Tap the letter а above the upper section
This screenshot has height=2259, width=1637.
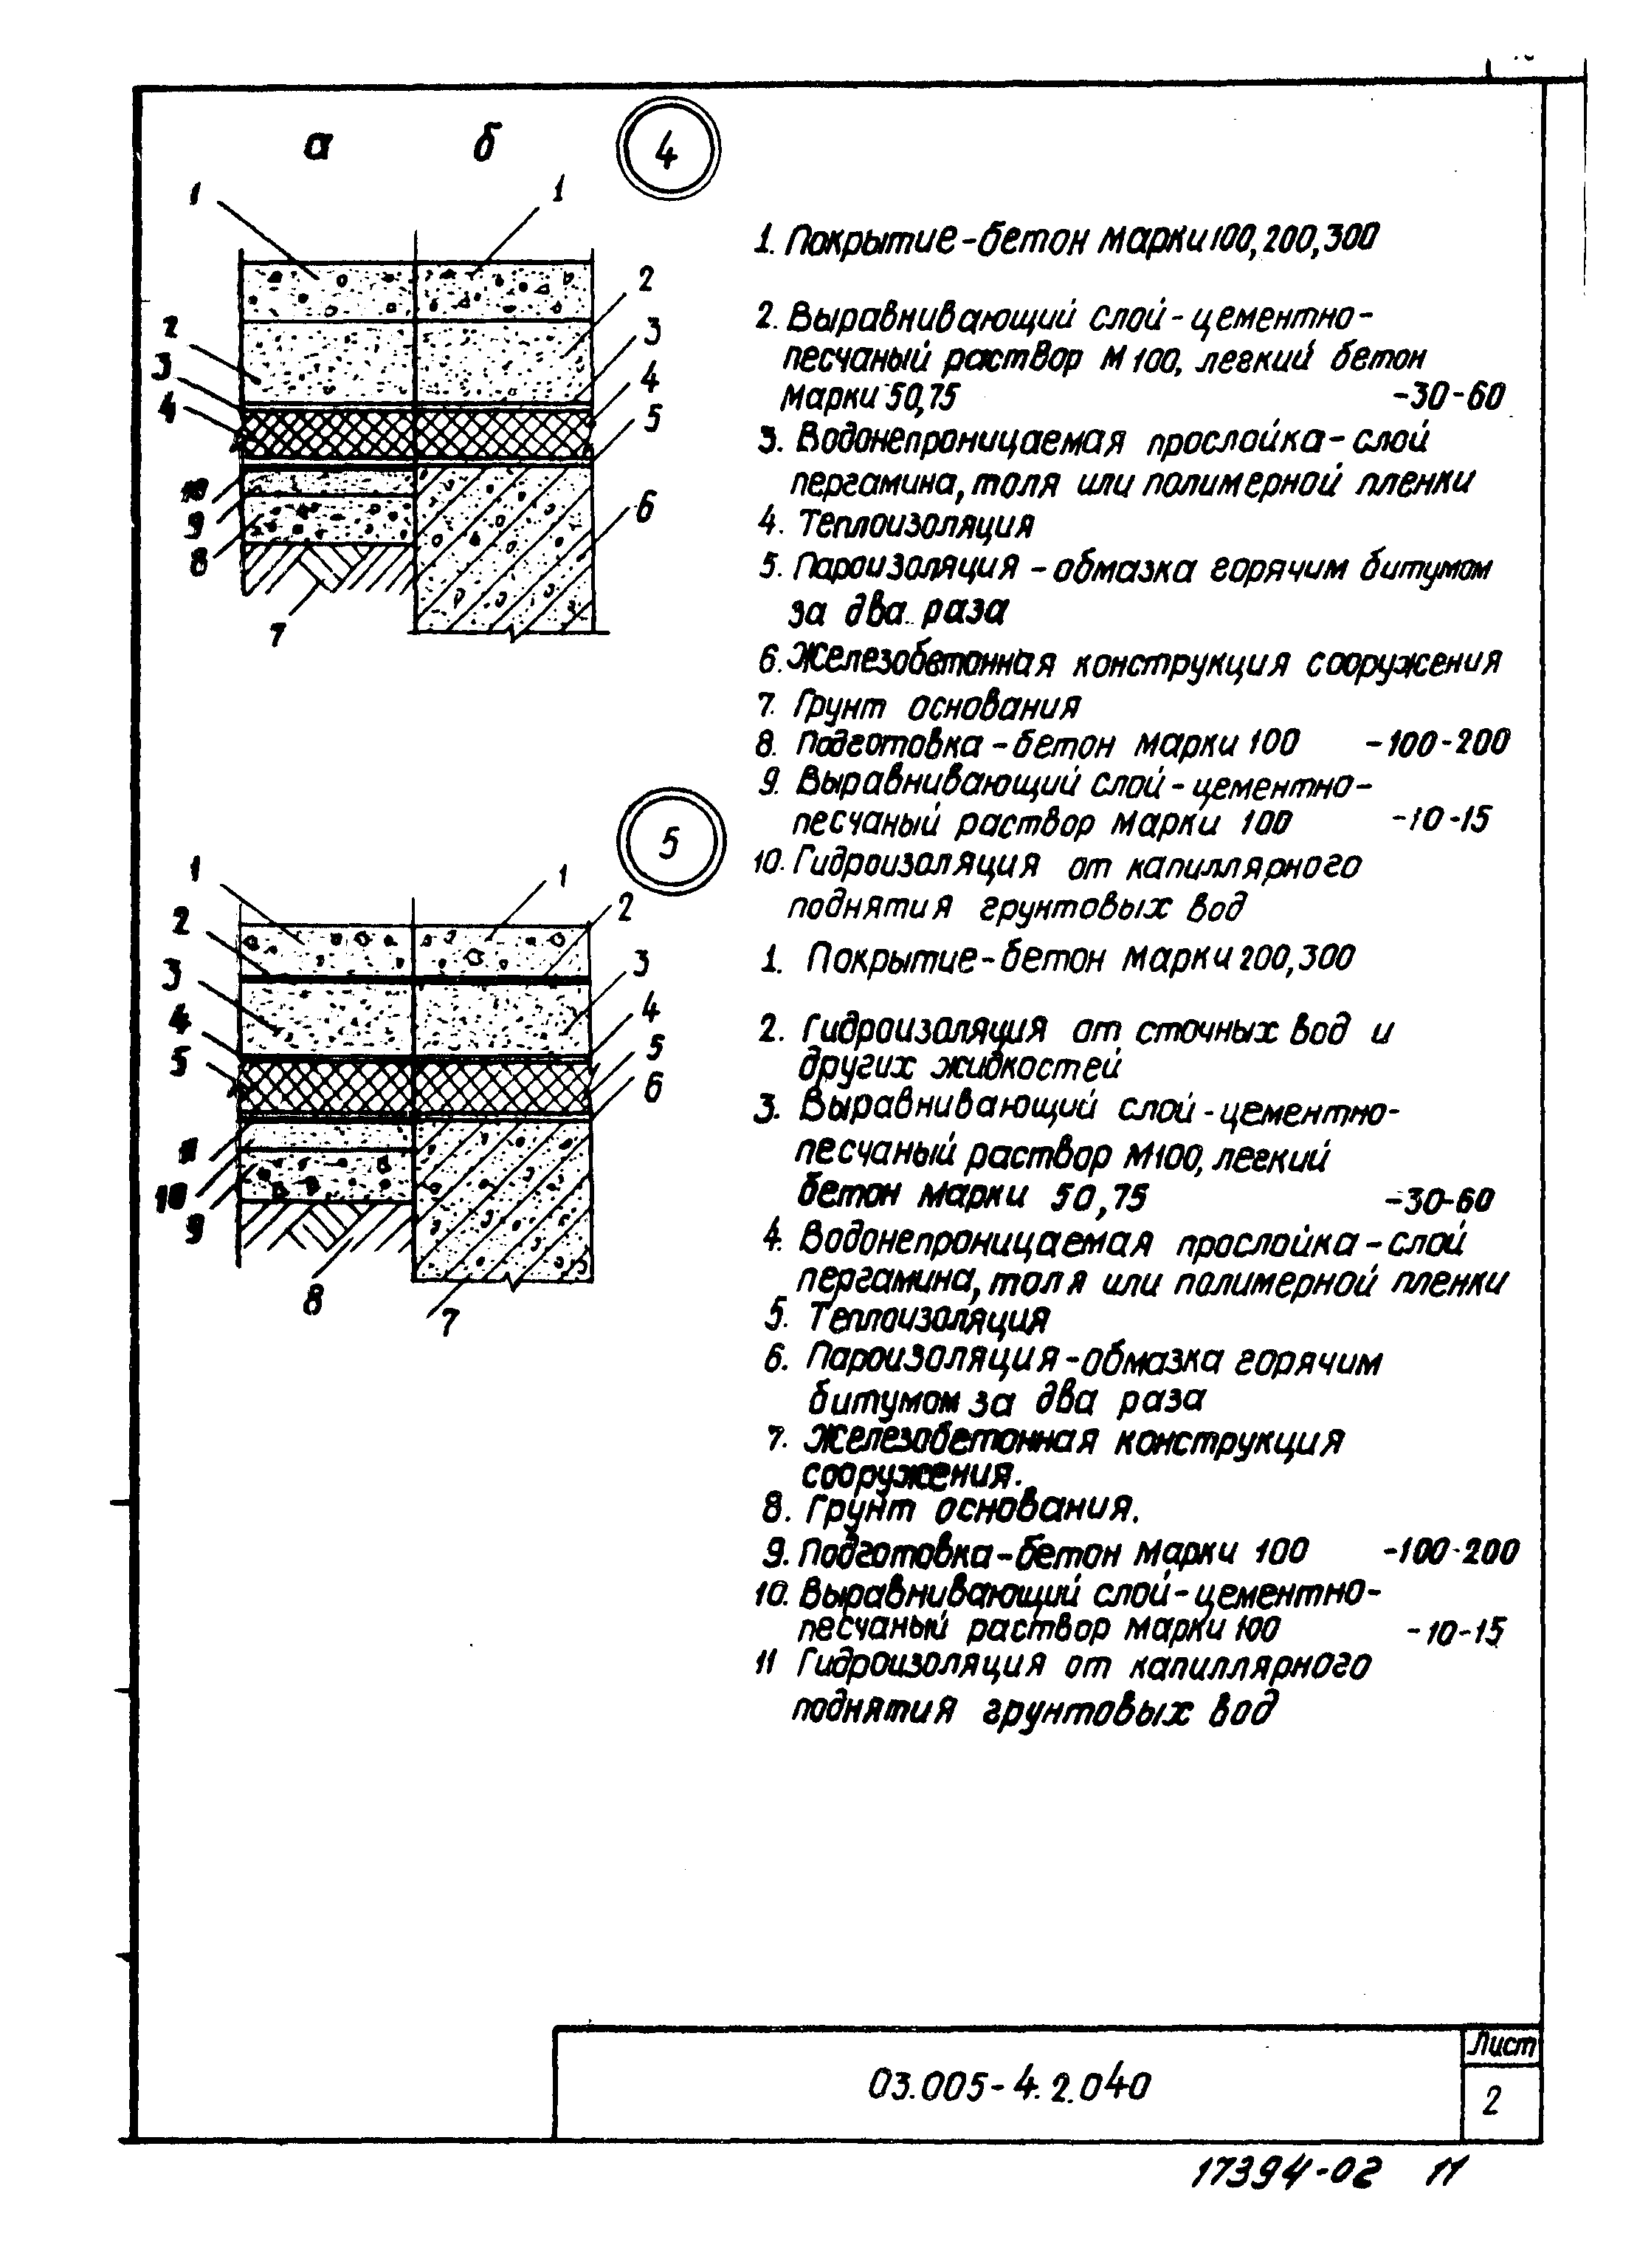[x=317, y=146]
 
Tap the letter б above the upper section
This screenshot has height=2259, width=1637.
[x=486, y=143]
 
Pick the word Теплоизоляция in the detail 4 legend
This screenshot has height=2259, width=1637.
[x=915, y=524]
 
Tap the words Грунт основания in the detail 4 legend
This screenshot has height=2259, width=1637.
[x=935, y=706]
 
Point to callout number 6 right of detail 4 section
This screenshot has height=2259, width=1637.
[x=644, y=509]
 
